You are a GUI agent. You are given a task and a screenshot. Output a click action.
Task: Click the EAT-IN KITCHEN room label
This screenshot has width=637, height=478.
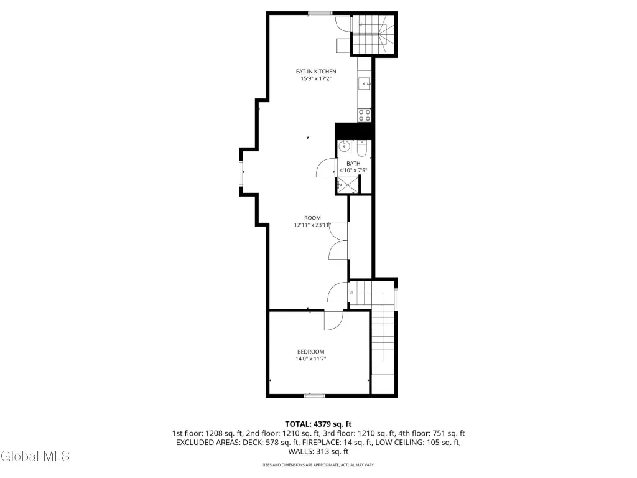coord(315,72)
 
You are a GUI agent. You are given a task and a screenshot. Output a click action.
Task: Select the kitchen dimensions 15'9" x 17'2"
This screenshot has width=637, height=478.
coord(315,79)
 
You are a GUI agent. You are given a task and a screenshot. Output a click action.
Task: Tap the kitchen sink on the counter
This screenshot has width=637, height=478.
coord(365,84)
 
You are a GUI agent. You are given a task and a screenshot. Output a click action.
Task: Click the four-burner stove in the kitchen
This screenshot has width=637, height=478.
coord(365,115)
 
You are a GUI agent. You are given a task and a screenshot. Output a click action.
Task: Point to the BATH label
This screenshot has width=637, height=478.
coord(353,164)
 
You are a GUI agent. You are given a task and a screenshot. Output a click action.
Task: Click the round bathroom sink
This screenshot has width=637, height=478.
coord(345,146)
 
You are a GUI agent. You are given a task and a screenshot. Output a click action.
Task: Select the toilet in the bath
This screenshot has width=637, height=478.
coord(362,149)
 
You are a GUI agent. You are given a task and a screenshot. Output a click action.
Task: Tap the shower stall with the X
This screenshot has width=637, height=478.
coord(348,185)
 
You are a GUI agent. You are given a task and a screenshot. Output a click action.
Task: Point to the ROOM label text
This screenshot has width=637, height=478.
coord(312,218)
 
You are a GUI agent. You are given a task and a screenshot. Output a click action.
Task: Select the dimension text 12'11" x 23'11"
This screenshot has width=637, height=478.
coord(312,225)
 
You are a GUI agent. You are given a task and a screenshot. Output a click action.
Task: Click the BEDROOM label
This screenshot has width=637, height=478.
coord(311,352)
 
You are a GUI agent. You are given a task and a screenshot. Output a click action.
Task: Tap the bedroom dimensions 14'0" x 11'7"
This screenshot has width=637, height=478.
coord(311,359)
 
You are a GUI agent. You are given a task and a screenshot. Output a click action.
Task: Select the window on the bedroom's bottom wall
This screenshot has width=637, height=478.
coord(314,395)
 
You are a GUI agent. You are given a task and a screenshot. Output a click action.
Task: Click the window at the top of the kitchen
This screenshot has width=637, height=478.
coord(320,14)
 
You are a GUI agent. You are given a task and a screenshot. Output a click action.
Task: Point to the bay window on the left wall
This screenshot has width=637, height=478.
coord(241,173)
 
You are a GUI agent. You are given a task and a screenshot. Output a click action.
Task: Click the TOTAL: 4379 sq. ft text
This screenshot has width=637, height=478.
coord(318,424)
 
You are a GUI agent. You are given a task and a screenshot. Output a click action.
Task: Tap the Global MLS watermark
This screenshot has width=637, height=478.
coord(35,456)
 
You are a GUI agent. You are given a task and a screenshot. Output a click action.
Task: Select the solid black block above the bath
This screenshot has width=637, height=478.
coord(354,131)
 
